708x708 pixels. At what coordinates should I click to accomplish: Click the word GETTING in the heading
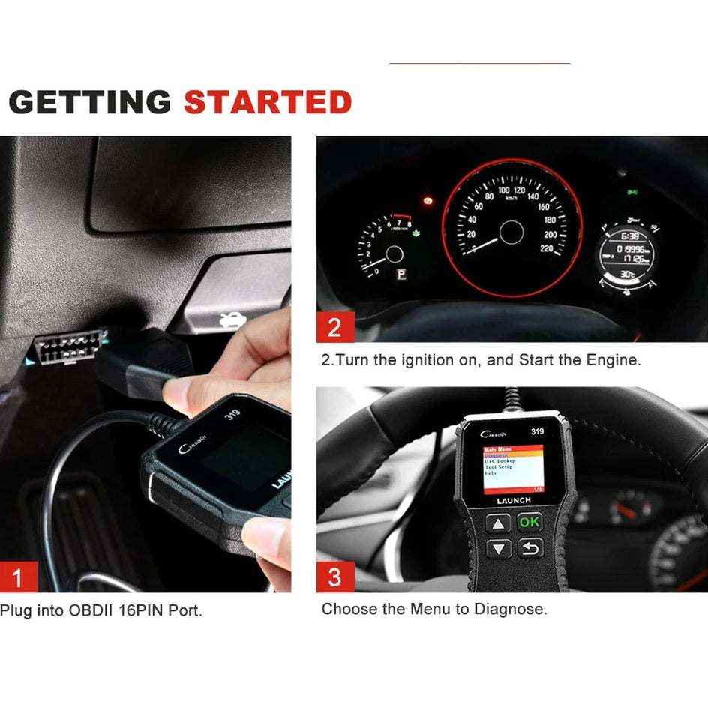pos(89,102)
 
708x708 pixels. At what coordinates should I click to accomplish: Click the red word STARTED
pos(268,102)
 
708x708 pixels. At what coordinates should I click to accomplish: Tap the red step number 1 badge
pos(18,577)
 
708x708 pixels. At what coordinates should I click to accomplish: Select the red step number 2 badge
pos(334,328)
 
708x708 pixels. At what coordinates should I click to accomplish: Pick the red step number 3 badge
pos(334,577)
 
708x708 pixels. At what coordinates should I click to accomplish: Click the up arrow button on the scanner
pos(499,523)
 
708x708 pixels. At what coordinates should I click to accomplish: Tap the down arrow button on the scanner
pos(499,549)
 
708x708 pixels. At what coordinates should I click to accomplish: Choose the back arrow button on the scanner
pos(529,549)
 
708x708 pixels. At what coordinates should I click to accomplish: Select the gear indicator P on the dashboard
pos(401,274)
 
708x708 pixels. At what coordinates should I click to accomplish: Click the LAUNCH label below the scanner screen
pos(514,500)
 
